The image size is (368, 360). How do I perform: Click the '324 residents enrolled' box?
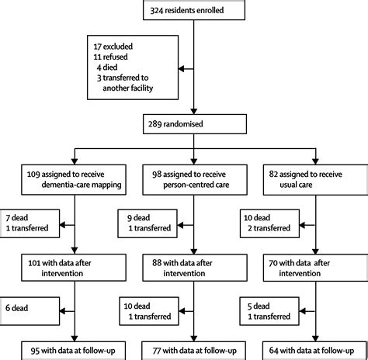point(194,10)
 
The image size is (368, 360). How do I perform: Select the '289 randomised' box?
point(195,124)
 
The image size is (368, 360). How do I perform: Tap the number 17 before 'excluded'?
point(97,47)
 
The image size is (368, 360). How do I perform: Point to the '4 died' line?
point(107,67)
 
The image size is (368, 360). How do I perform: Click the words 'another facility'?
point(128,88)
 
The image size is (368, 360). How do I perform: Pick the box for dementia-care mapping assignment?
point(74,180)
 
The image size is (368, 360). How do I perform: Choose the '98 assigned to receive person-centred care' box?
point(195,180)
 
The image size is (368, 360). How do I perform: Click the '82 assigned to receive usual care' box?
point(315,180)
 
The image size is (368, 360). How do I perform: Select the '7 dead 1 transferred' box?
point(30,223)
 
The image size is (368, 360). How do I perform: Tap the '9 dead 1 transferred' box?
point(148,223)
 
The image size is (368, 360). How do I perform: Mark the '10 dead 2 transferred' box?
point(269,223)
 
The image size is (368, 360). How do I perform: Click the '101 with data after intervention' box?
point(74,268)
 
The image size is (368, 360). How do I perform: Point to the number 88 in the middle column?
point(157,263)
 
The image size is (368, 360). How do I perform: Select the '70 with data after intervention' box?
point(315,268)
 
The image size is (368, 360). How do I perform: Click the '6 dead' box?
point(30,311)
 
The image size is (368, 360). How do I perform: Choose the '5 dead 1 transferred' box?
point(269,311)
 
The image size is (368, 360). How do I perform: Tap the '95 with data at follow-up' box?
point(74,351)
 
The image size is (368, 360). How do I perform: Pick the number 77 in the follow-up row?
point(157,351)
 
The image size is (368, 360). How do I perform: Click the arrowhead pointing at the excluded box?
point(181,69)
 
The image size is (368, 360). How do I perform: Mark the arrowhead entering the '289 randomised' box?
point(194,111)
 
